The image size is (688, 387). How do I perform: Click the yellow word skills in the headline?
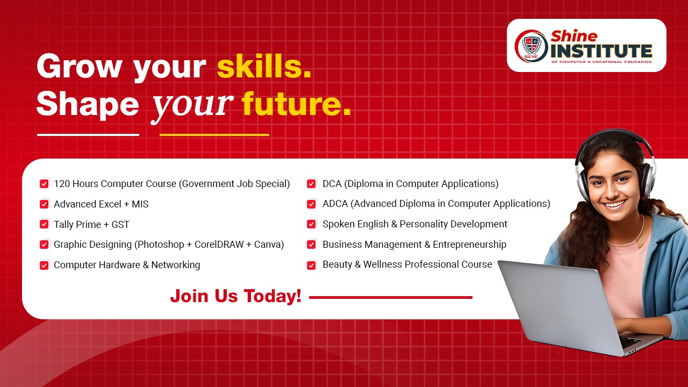(x=264, y=66)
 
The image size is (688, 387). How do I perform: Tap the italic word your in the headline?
(x=192, y=106)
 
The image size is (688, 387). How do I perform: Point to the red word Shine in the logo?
(x=574, y=36)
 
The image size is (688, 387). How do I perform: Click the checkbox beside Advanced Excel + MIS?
(x=44, y=204)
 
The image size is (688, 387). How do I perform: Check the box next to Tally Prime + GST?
(x=44, y=224)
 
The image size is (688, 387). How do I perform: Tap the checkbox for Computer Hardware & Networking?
(x=44, y=265)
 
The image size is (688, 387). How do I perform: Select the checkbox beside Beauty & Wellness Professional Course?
(x=311, y=265)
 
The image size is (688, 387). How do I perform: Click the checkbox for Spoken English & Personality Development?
(x=311, y=224)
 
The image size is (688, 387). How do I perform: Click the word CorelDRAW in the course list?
(x=219, y=245)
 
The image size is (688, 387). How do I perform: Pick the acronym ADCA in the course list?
(x=335, y=204)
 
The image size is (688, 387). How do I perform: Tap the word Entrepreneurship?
(x=470, y=245)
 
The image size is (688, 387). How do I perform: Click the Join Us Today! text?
(x=236, y=296)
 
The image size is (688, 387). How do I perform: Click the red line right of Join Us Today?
(x=391, y=297)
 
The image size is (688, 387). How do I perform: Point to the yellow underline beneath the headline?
(x=214, y=134)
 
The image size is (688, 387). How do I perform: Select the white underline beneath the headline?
(x=88, y=134)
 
